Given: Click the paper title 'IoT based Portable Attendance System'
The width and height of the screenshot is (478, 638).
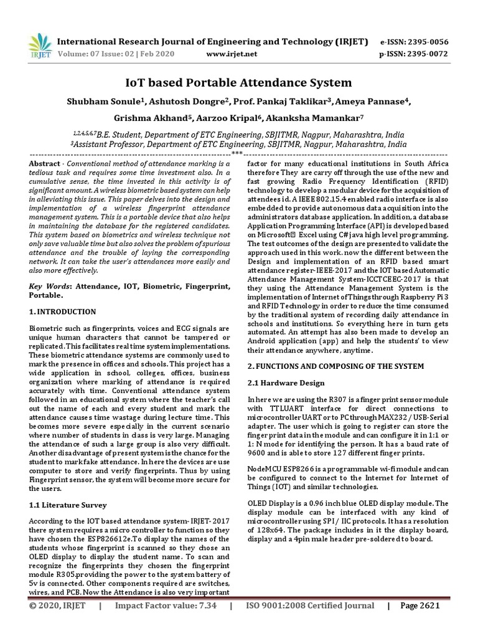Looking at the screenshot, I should (238, 82).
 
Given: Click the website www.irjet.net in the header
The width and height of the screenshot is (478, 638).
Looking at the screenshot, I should (231, 54).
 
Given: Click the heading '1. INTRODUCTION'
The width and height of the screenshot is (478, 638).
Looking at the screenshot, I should (63, 312).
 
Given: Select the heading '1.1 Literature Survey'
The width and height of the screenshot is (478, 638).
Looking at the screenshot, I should (68, 505).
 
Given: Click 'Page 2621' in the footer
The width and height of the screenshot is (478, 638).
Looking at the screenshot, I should (420, 606).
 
